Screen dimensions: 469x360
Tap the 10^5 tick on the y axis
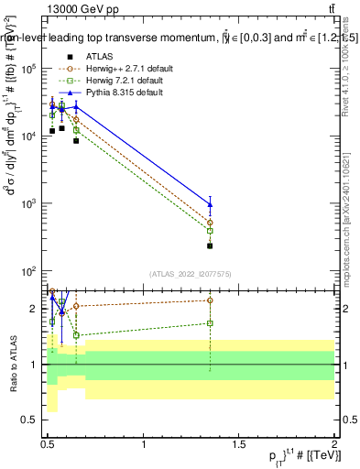point(32,68)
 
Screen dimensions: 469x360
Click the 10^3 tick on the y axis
point(32,203)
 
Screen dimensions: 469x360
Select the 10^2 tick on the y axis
point(32,271)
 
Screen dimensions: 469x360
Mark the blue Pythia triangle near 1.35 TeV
point(211,203)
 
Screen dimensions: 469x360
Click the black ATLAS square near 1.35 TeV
point(211,245)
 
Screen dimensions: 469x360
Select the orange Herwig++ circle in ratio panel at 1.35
point(211,300)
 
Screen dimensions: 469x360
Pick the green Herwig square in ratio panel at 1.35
point(211,322)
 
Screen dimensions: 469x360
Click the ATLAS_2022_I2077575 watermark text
point(190,273)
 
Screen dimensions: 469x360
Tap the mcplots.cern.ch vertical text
point(346,211)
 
